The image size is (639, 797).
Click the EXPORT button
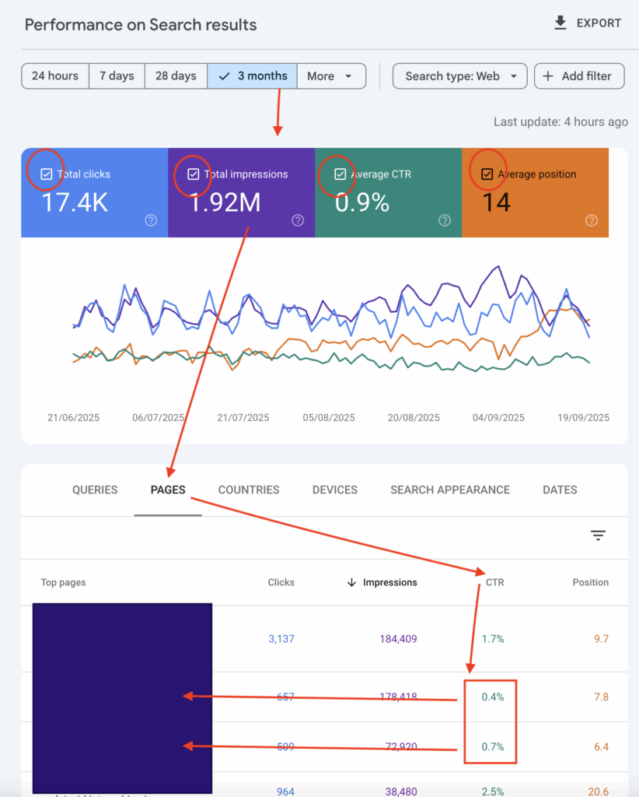click(587, 23)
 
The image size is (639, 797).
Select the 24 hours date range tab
click(54, 76)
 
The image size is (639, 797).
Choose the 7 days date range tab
click(117, 76)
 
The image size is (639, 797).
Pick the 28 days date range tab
click(176, 76)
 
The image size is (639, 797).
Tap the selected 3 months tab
click(253, 76)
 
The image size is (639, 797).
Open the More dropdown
click(330, 76)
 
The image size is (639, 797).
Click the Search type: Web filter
click(460, 76)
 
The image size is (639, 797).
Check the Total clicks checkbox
click(47, 174)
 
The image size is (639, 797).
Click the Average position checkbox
click(487, 174)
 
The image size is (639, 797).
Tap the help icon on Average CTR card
click(445, 220)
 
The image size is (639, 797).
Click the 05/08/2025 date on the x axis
click(328, 417)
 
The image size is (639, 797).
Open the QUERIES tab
click(95, 490)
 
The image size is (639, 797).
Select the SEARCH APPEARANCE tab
click(450, 490)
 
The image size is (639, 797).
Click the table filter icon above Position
click(598, 535)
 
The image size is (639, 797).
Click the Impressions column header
click(389, 582)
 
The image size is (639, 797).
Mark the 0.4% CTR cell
click(493, 697)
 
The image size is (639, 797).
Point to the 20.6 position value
click(599, 791)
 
